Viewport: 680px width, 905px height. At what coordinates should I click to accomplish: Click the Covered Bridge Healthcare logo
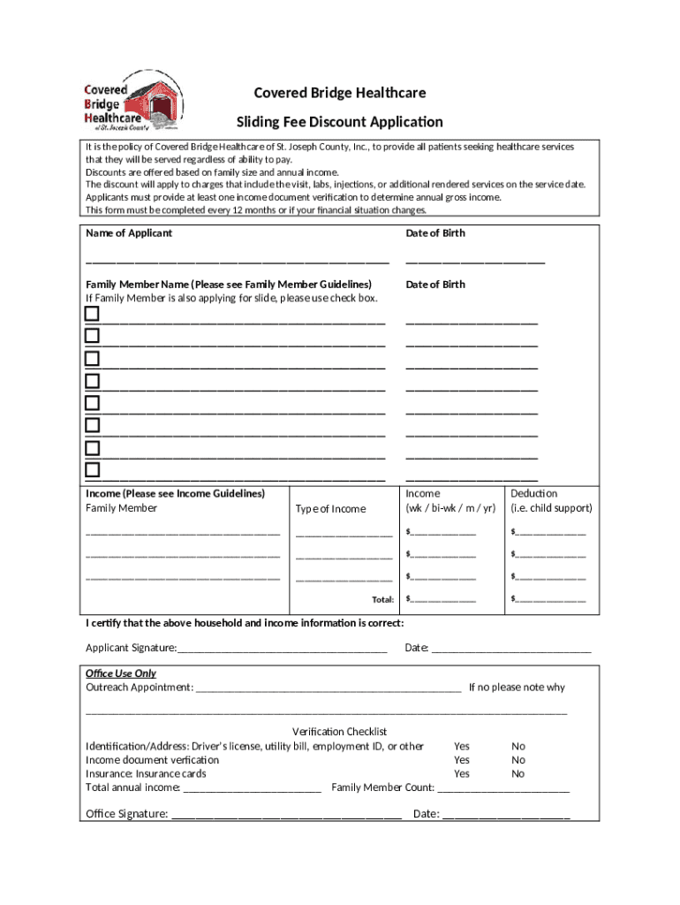click(133, 105)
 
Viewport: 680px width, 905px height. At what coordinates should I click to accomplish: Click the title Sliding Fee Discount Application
click(339, 122)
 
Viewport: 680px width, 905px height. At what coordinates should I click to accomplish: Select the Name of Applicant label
click(129, 233)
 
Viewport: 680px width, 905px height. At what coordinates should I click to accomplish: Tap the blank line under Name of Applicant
click(237, 262)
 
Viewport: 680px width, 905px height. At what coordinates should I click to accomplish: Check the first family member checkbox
click(92, 314)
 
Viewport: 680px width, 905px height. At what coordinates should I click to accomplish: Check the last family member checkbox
click(92, 469)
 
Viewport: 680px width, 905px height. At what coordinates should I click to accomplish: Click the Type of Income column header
click(330, 509)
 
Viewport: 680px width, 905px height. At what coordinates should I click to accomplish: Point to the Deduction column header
click(534, 493)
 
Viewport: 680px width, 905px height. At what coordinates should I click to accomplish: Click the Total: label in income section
click(382, 599)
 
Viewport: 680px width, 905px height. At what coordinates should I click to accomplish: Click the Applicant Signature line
click(282, 648)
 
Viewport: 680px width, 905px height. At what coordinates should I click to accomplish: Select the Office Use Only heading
click(121, 673)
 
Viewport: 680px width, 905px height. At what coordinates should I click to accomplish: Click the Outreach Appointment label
click(139, 688)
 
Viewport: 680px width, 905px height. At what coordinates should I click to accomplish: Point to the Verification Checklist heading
click(340, 732)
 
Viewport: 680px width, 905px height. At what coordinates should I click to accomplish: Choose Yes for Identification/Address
click(462, 746)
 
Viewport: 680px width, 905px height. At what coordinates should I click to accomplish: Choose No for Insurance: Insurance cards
click(518, 773)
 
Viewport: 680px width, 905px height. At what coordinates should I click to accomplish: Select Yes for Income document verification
click(462, 760)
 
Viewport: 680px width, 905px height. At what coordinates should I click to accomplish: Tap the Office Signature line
click(286, 814)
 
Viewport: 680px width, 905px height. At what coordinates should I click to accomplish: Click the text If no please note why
click(517, 688)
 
